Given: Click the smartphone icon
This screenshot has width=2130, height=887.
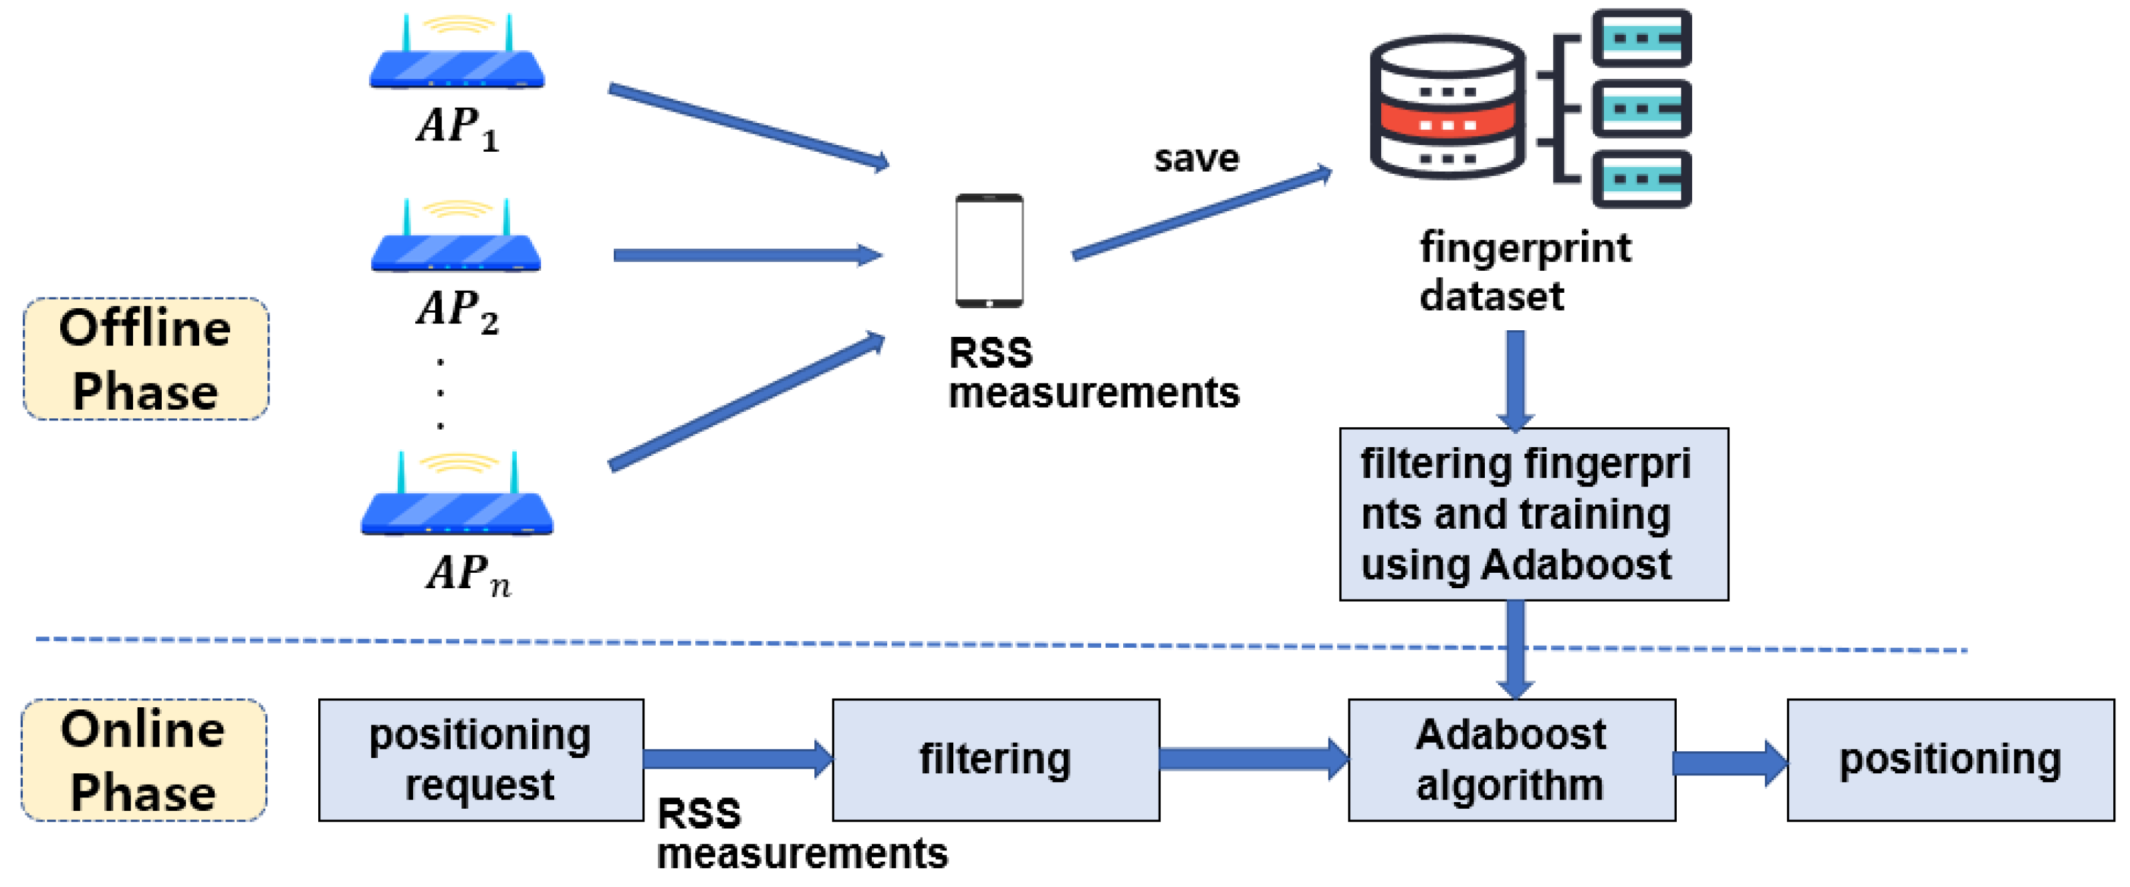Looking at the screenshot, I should pyautogui.click(x=989, y=251).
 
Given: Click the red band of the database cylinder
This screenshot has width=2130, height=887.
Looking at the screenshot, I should pyautogui.click(x=1446, y=125).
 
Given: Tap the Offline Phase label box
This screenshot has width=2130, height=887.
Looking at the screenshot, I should pyautogui.click(x=146, y=359).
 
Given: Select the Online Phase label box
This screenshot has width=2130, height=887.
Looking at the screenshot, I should pyautogui.click(x=144, y=760).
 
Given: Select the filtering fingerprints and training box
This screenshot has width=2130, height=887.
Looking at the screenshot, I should pyautogui.click(x=1532, y=513).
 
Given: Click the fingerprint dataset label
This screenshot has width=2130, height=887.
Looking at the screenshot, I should pyautogui.click(x=1523, y=271).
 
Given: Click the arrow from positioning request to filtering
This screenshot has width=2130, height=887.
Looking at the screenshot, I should pyautogui.click(x=737, y=759).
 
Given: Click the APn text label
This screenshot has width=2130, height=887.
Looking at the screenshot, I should pyautogui.click(x=468, y=573).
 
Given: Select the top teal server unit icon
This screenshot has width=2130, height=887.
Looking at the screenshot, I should pyautogui.click(x=1641, y=38).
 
